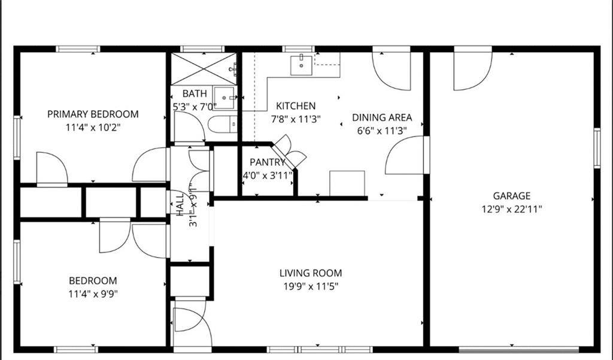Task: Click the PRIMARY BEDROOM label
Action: [93, 114]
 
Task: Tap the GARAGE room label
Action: [512, 196]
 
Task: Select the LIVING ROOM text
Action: [311, 273]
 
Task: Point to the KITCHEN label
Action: [295, 106]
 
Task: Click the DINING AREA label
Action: [382, 117]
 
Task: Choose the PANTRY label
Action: [267, 162]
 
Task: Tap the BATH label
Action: [195, 93]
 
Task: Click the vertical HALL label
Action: [180, 204]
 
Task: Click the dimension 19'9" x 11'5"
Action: [311, 286]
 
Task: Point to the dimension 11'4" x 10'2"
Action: [93, 127]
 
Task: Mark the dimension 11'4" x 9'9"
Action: [93, 294]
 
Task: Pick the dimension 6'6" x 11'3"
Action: [382, 131]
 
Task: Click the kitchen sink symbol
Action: [302, 64]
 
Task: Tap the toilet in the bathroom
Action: [223, 124]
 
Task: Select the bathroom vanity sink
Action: [224, 98]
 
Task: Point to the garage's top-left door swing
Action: [471, 69]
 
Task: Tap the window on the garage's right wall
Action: [597, 147]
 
